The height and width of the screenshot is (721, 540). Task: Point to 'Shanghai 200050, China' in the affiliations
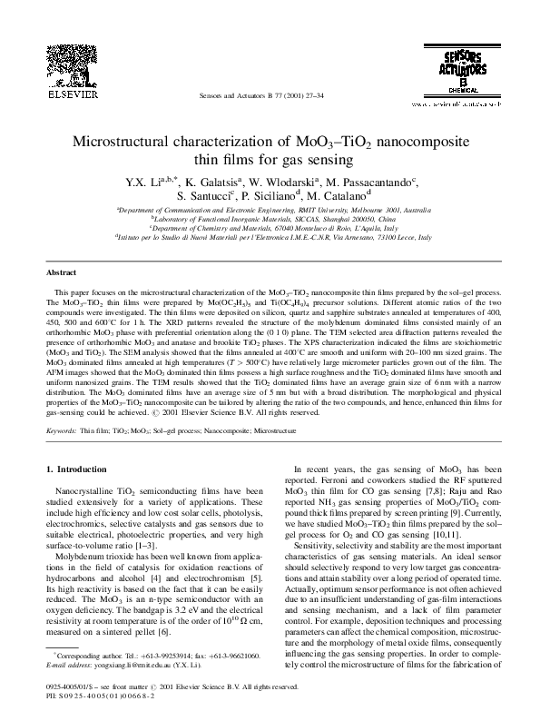[x=356, y=219]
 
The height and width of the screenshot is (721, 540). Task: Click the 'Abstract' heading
[x=62, y=272]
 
